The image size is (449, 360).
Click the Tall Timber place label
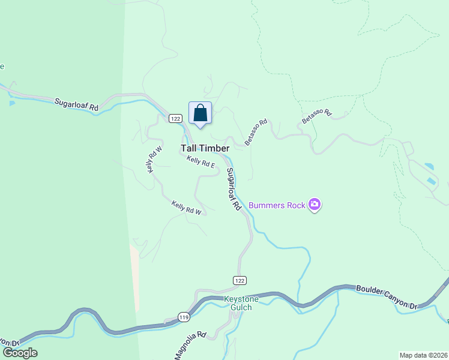coord(205,148)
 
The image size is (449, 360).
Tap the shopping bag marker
coord(200,113)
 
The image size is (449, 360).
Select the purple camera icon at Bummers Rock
coord(315,205)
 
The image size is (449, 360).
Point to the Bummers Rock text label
coord(277,205)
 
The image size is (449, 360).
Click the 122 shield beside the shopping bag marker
coord(175,118)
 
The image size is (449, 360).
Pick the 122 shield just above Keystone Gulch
coord(240,280)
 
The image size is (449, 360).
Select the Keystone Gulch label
coord(241,303)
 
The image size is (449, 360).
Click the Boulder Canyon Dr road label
coord(387,297)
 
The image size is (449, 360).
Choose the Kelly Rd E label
coord(200,162)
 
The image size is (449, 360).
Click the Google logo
coord(20,353)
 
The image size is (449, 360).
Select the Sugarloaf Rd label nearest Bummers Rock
coord(234,188)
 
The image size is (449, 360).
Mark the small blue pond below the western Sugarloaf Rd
coord(12,103)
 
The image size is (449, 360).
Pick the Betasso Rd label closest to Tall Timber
coord(256,131)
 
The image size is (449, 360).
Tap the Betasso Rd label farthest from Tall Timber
coord(316,116)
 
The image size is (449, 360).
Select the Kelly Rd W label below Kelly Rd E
coord(186,207)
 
